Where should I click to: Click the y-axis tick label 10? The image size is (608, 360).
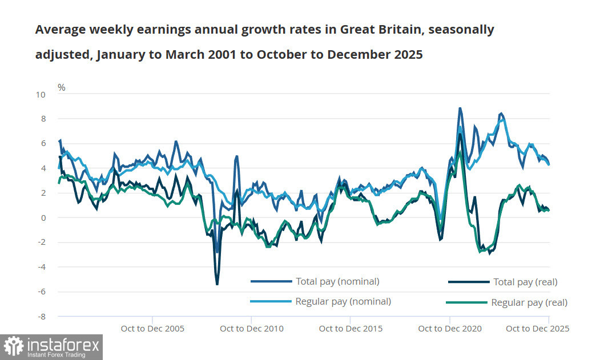click(41, 94)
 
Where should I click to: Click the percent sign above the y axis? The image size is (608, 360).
click(62, 87)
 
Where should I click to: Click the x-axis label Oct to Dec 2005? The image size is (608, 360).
click(152, 329)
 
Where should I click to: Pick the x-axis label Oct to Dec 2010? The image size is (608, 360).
click(251, 329)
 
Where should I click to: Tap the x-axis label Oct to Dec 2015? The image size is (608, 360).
click(351, 329)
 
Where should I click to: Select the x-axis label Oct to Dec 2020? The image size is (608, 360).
click(450, 329)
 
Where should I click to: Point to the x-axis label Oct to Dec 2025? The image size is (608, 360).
click(537, 329)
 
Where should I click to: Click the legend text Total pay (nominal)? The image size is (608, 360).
click(337, 281)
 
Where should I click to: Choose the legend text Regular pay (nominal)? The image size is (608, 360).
click(343, 301)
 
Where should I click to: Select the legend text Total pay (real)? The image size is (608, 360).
click(525, 282)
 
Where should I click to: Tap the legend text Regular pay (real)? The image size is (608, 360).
click(529, 302)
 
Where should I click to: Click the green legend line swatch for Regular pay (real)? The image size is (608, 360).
click(466, 302)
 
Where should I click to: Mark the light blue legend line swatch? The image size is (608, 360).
click(271, 301)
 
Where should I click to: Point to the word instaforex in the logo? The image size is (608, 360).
click(63, 345)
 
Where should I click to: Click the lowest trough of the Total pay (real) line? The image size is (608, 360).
click(217, 284)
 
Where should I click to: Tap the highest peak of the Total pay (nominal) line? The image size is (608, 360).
click(460, 108)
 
